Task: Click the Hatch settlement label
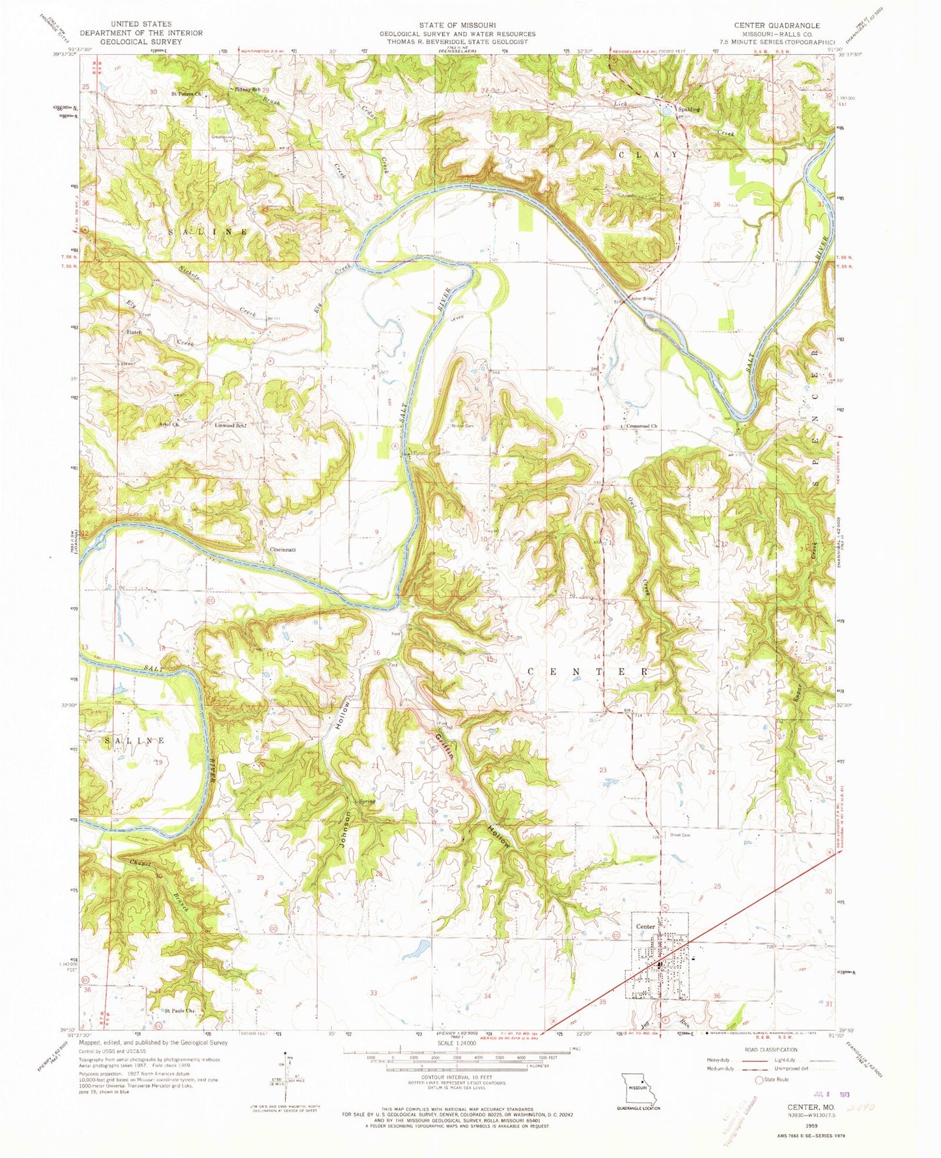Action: pyautogui.click(x=134, y=332)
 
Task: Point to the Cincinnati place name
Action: pyautogui.click(x=283, y=549)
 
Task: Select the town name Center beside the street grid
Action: pyautogui.click(x=645, y=926)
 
